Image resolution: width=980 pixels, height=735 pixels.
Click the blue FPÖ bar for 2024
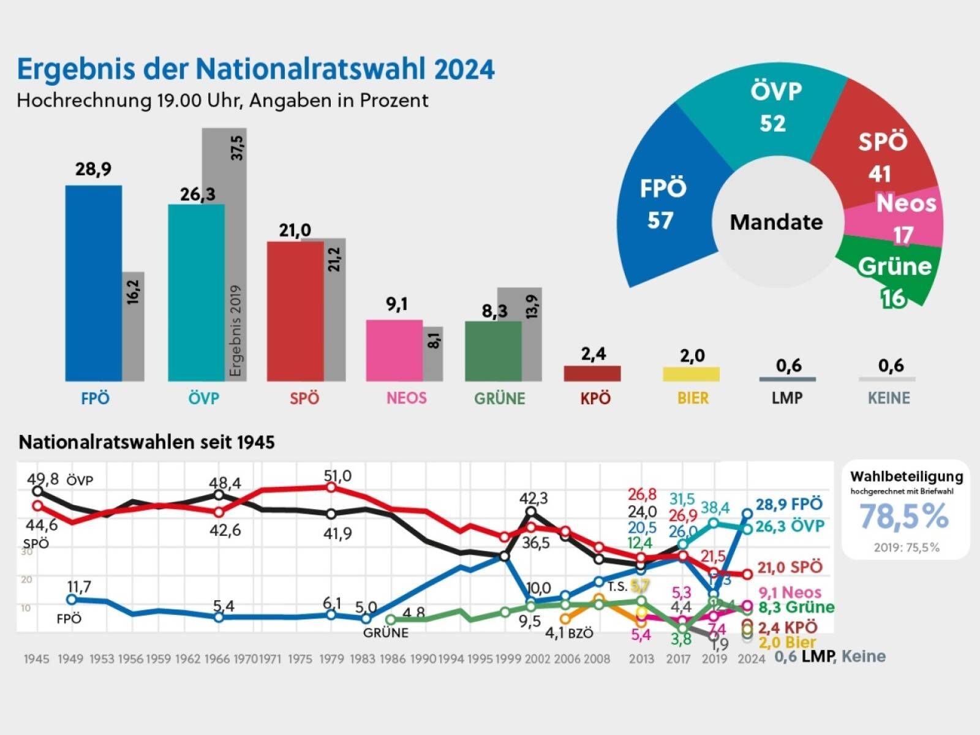click(x=93, y=283)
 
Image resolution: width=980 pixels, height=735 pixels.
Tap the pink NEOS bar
click(x=394, y=350)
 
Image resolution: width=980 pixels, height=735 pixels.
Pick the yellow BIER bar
click(x=691, y=374)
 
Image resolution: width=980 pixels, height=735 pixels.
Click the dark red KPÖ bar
click(x=592, y=374)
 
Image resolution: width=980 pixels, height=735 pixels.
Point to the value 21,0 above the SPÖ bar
click(x=295, y=230)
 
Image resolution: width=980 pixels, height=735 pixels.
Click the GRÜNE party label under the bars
click(x=499, y=399)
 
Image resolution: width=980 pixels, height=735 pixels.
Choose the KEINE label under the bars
click(x=889, y=399)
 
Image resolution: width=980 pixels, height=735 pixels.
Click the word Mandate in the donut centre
click(x=776, y=222)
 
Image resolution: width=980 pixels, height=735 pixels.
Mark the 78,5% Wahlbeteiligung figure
click(x=904, y=516)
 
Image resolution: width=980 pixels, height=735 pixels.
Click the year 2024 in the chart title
click(x=464, y=69)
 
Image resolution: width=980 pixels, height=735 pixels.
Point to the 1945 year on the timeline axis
click(x=36, y=659)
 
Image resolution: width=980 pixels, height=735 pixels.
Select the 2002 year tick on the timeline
click(x=537, y=659)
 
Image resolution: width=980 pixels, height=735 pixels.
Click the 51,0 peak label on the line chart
click(x=337, y=476)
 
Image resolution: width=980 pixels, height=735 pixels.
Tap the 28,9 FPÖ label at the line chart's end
click(x=788, y=505)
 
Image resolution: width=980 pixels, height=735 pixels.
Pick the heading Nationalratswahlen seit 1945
click(x=146, y=442)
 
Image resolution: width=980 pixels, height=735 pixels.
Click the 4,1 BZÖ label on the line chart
click(x=569, y=633)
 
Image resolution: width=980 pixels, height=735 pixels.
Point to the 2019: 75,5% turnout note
click(x=906, y=548)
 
